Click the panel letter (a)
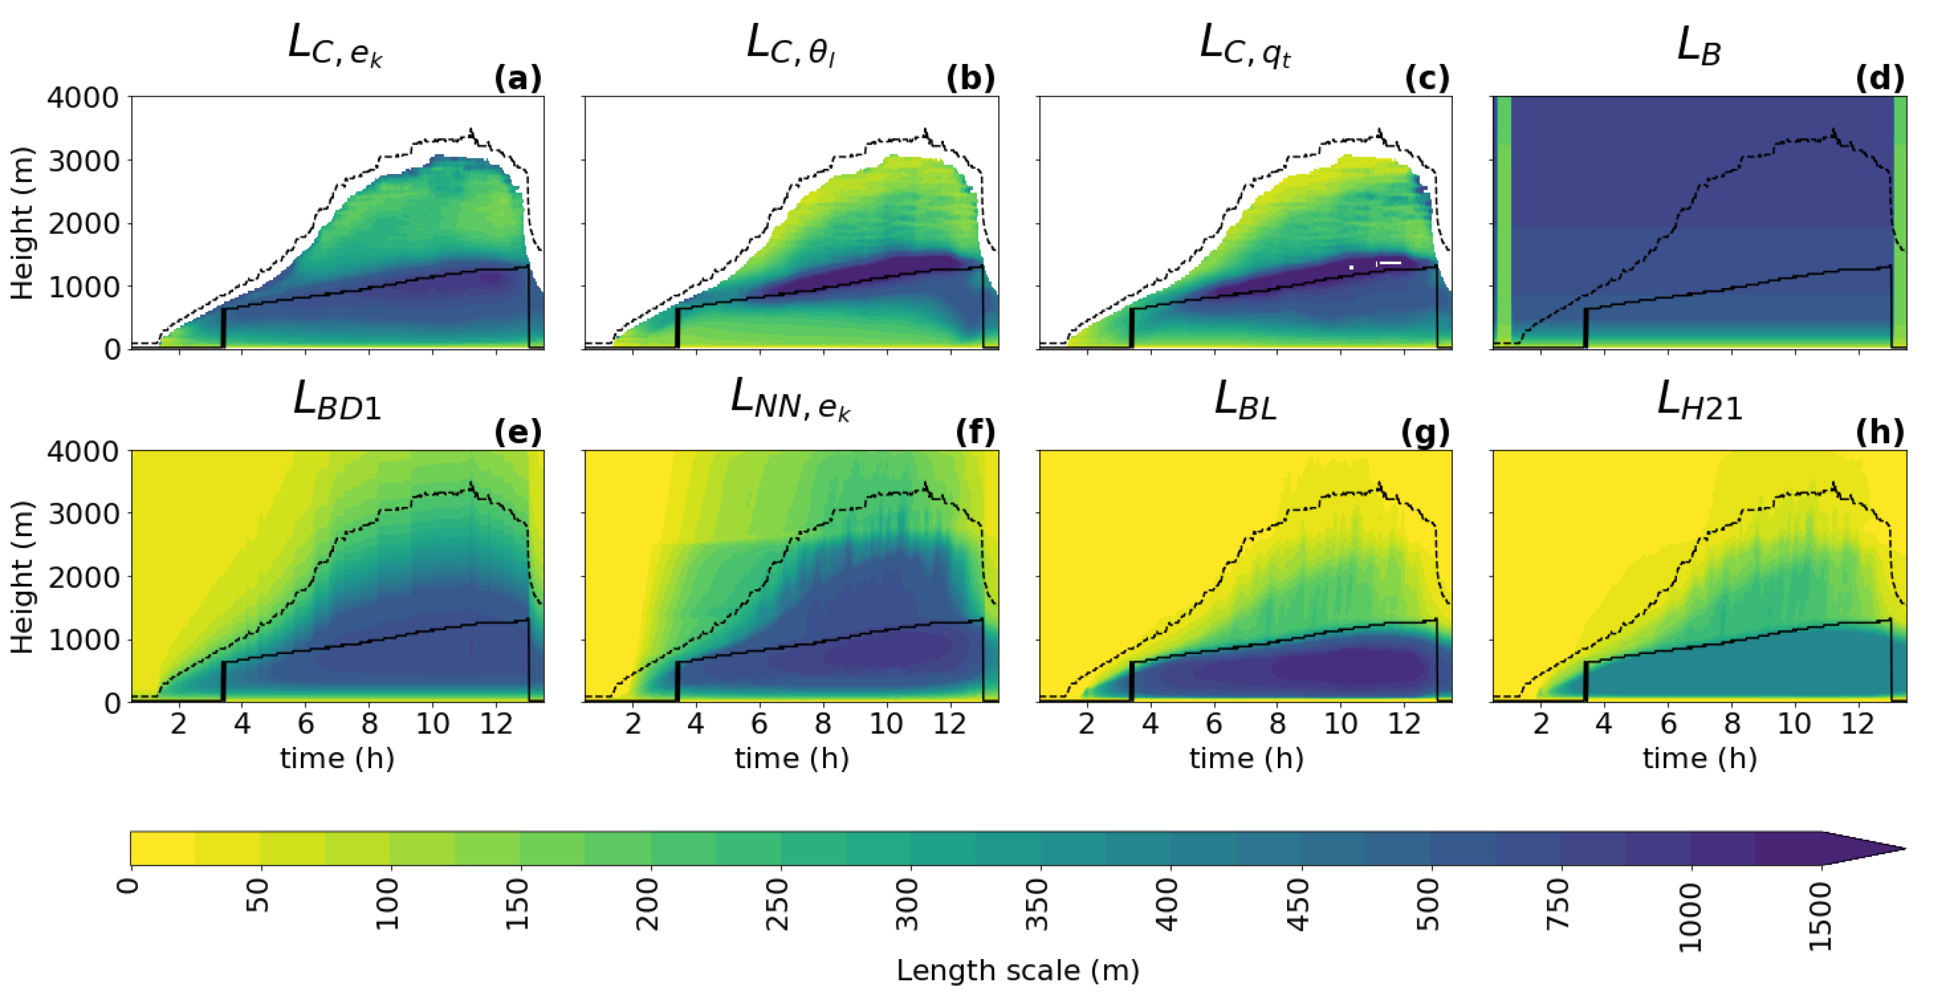pos(518,78)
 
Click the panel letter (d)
pos(1879,78)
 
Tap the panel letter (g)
pos(1426,432)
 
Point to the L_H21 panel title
pos(1699,401)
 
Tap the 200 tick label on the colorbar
pos(649,903)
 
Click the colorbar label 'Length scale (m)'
pos(1017,971)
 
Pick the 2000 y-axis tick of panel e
pos(83,577)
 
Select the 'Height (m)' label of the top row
pos(23,224)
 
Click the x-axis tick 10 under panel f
pos(886,724)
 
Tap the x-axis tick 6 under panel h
pos(1668,724)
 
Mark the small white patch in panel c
pos(1389,263)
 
